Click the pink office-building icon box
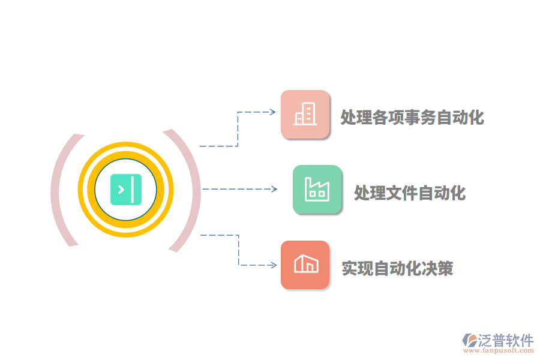point(305,115)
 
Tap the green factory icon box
point(317,189)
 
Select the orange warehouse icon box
point(305,265)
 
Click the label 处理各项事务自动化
point(412,117)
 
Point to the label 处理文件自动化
point(410,193)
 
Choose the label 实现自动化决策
point(397,268)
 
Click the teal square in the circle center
point(126,190)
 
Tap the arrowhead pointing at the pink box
point(273,112)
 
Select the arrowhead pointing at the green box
point(274,189)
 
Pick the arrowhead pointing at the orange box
point(274,265)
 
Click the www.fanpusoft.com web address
point(499,350)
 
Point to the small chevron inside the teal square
point(121,190)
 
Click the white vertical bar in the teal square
point(132,190)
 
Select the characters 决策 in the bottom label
point(437,268)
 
